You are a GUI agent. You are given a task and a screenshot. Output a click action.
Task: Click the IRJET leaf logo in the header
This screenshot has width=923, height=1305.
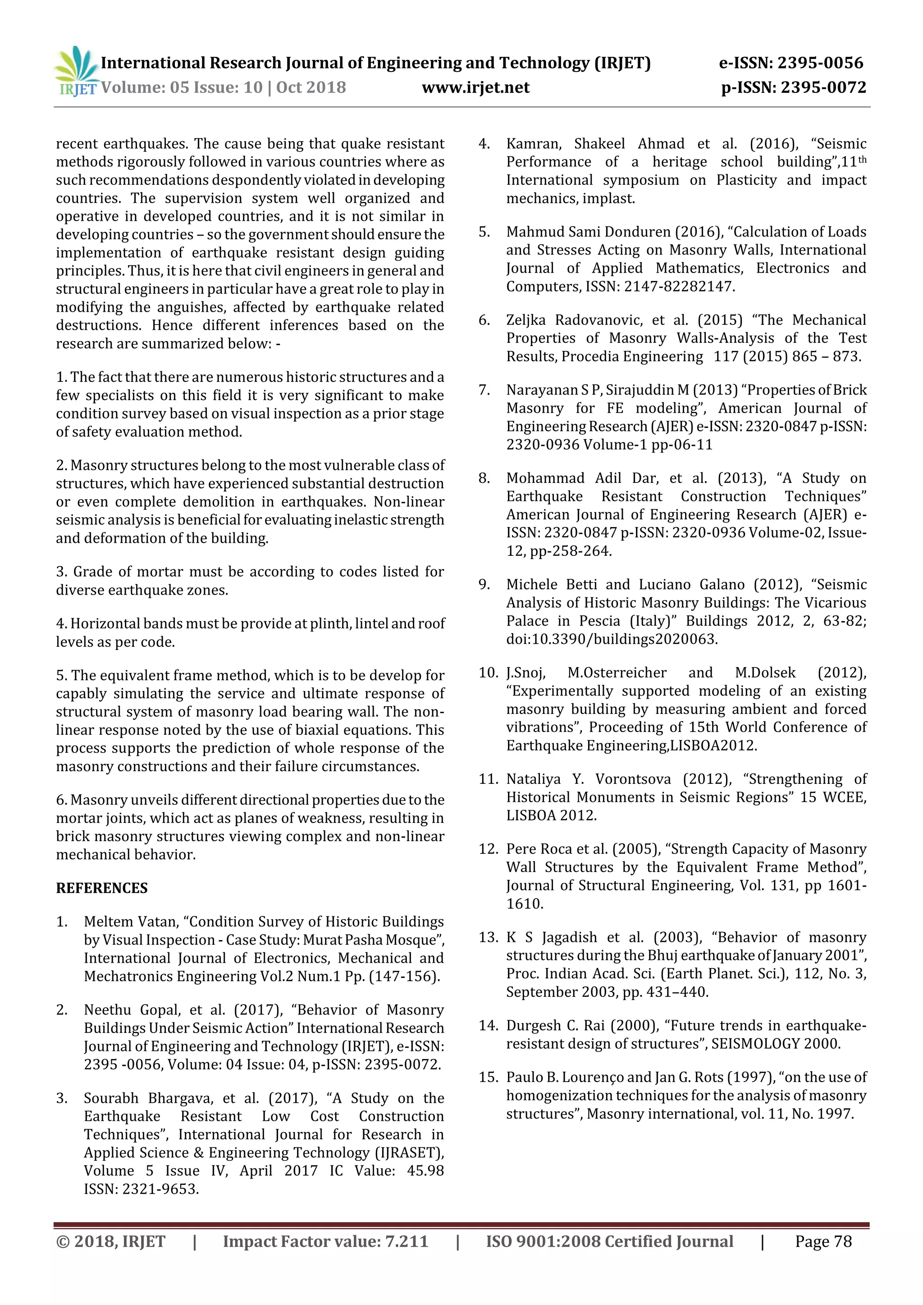point(76,72)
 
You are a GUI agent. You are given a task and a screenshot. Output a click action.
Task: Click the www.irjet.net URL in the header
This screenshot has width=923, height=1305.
point(475,87)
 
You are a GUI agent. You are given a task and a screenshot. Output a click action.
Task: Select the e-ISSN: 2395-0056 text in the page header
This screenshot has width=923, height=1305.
point(790,63)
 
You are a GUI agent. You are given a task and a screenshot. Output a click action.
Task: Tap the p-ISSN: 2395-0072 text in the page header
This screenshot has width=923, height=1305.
point(793,87)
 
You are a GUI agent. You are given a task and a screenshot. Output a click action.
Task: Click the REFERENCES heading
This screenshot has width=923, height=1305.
point(102,888)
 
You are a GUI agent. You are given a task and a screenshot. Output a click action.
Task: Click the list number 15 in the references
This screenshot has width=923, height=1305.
point(488,1077)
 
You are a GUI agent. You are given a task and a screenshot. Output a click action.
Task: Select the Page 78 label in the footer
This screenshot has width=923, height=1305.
point(823,1241)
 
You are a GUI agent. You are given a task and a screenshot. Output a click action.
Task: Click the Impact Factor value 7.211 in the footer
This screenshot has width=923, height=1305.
point(407,1241)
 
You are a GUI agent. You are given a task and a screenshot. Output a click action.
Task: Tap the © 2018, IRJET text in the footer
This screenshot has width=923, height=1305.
point(110,1241)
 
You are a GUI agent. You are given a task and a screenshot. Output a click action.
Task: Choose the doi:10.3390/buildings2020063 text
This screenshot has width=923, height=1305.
point(612,639)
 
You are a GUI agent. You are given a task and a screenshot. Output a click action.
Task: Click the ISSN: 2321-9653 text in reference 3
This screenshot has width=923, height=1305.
point(141,1189)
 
